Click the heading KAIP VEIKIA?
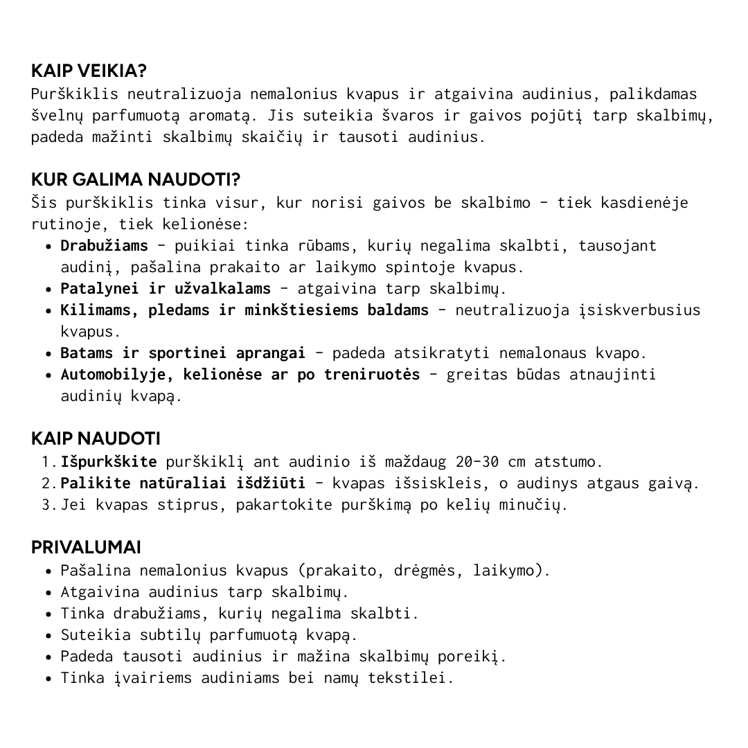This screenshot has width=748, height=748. point(89,71)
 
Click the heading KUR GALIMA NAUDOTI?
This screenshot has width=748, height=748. point(136,180)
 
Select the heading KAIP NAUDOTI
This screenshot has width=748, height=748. point(96,438)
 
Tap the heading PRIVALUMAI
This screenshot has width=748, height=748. point(86,547)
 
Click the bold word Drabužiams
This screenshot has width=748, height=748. point(104,245)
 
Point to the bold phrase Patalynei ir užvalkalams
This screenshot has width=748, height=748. point(166,288)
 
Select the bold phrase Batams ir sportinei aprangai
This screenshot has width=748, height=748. point(183,353)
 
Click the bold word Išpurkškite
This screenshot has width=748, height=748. point(109,461)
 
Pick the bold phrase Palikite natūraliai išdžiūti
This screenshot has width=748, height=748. point(183,483)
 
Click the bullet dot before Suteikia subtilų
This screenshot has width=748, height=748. point(49,635)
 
